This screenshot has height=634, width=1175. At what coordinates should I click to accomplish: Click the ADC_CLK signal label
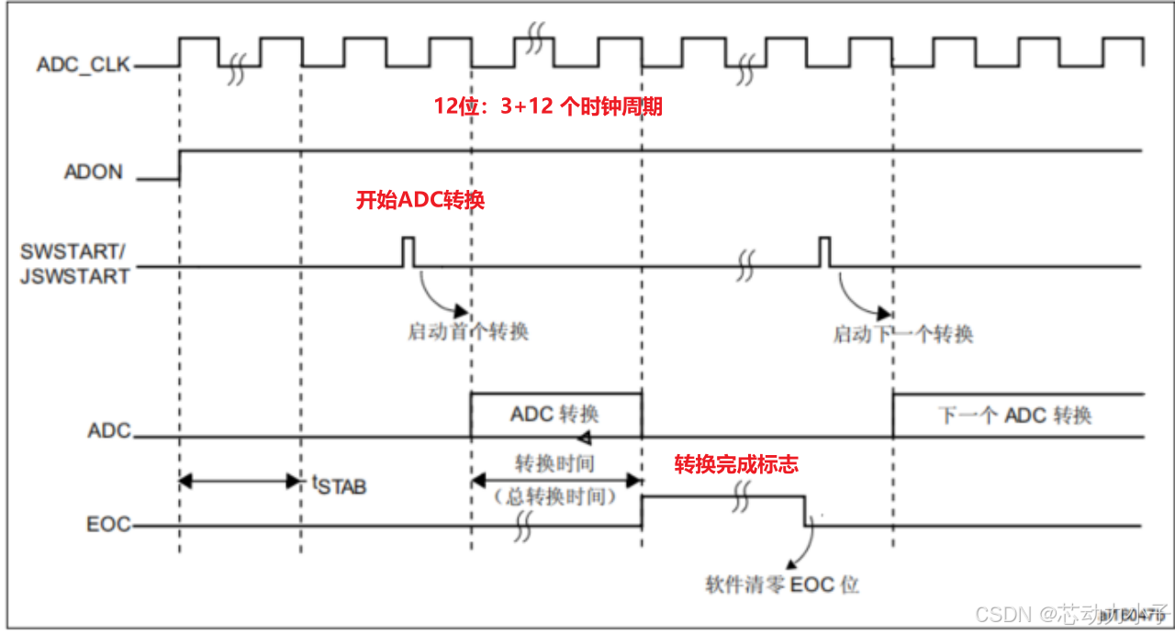click(83, 65)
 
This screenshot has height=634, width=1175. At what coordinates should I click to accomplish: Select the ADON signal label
click(93, 172)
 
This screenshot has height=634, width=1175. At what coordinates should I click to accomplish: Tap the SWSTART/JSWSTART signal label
click(74, 263)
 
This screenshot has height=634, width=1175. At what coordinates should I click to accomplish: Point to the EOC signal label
click(108, 526)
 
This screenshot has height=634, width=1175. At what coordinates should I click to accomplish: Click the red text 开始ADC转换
click(420, 200)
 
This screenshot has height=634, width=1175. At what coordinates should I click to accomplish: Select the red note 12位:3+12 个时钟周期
click(548, 107)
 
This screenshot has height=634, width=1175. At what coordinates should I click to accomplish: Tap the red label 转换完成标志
click(736, 464)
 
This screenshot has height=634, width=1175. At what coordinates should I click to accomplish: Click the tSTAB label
click(340, 484)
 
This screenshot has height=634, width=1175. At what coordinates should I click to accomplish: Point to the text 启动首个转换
click(468, 331)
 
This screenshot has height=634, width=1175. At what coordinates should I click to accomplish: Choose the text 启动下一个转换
click(902, 334)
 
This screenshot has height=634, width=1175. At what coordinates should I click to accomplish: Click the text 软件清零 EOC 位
click(782, 584)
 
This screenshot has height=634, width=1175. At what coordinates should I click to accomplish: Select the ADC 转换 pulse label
click(555, 414)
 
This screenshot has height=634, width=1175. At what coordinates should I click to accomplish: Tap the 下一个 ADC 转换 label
click(1014, 415)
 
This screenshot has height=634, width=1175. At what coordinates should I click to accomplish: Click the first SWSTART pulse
click(408, 251)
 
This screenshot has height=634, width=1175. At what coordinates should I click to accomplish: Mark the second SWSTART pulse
click(824, 251)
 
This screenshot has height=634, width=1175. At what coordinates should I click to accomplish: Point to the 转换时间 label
click(554, 463)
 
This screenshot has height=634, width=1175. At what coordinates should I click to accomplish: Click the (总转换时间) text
click(554, 496)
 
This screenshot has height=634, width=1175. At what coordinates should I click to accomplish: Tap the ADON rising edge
click(180, 164)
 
